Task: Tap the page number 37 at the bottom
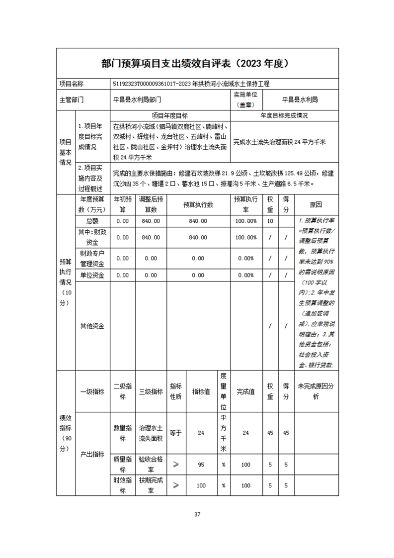(x=197, y=514)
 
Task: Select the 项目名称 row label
(x=72, y=84)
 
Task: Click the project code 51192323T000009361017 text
(x=145, y=84)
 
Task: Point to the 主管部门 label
(x=72, y=99)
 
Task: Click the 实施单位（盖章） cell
(x=246, y=99)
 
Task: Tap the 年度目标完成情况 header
(x=285, y=115)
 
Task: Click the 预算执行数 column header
(x=198, y=204)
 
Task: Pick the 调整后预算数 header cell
(x=151, y=204)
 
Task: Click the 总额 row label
(x=92, y=221)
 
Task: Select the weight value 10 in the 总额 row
(x=270, y=221)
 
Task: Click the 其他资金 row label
(x=92, y=326)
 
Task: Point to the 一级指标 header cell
(x=92, y=391)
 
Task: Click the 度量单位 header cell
(x=224, y=391)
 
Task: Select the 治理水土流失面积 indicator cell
(x=151, y=433)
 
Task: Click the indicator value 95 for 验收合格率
(x=201, y=465)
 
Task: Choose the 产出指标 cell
(x=92, y=454)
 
